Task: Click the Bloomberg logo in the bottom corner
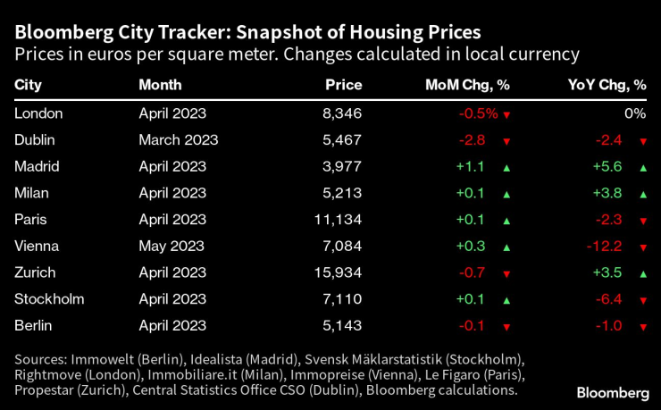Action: [613, 392]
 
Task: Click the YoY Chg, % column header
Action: [607, 85]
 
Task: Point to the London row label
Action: [38, 113]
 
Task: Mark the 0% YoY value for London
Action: [634, 113]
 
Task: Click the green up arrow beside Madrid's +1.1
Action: [506, 167]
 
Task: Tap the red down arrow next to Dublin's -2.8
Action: [506, 141]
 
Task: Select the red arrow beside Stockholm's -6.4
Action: [642, 299]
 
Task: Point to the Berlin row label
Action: [34, 325]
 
